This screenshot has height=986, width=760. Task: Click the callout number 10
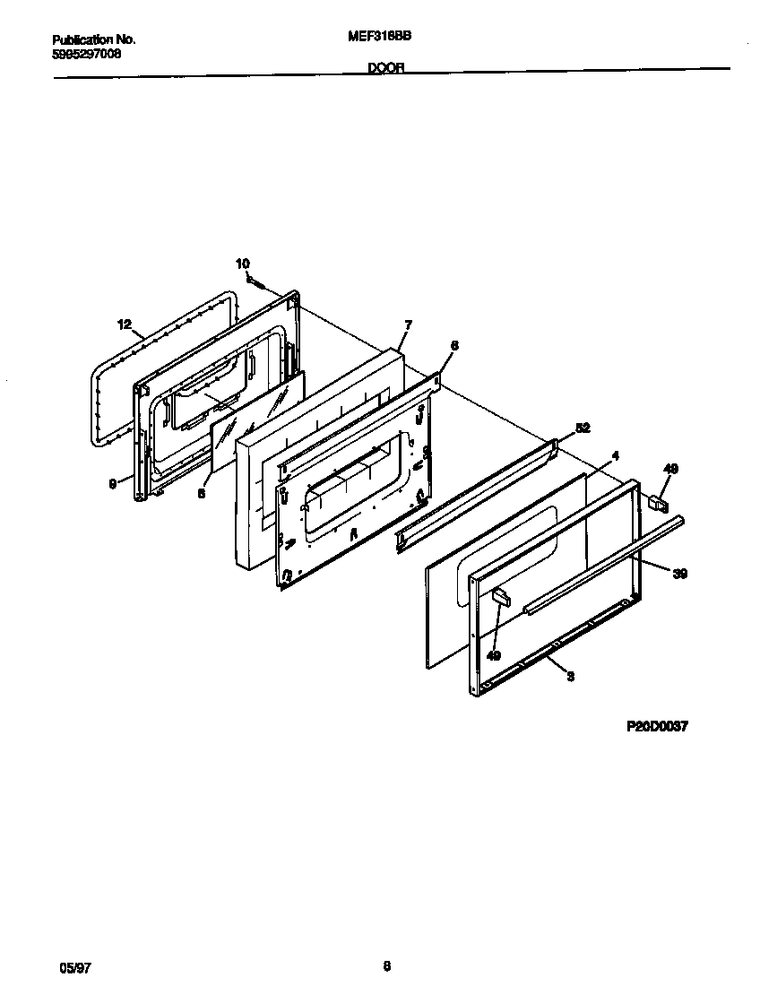243,264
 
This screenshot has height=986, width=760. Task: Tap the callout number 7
408,324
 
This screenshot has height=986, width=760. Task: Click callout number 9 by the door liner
113,484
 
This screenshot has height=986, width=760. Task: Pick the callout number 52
583,428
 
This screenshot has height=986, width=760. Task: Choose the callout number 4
615,456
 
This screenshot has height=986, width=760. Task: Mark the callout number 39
680,574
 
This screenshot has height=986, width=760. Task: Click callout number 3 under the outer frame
570,676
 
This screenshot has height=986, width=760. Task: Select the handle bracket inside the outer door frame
500,599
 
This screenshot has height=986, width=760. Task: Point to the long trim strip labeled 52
475,489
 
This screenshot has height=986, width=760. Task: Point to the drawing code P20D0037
656,727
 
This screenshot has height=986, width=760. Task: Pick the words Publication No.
93,39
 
